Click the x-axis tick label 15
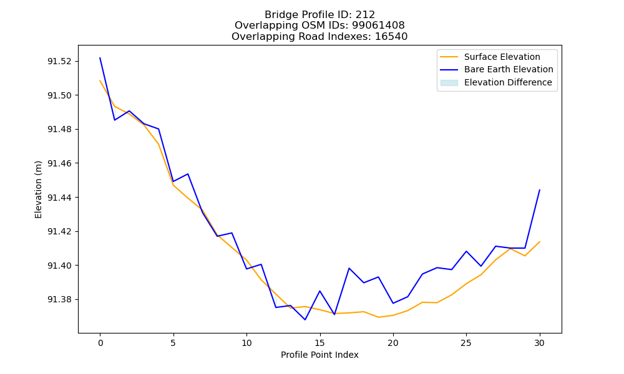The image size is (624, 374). point(319,343)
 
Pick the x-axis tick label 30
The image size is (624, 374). point(539,343)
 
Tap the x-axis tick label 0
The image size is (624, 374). point(100,343)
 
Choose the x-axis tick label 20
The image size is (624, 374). point(392,343)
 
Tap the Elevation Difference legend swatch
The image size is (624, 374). point(449,83)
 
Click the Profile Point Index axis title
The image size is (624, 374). point(319,355)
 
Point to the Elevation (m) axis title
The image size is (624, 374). point(38,189)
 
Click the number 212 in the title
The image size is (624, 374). point(365,15)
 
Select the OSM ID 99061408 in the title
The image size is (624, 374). point(378,26)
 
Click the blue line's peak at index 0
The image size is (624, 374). point(100,57)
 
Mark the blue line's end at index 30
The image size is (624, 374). point(540,190)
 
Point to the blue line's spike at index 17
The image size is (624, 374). point(349,268)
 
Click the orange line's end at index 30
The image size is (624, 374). point(540,242)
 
